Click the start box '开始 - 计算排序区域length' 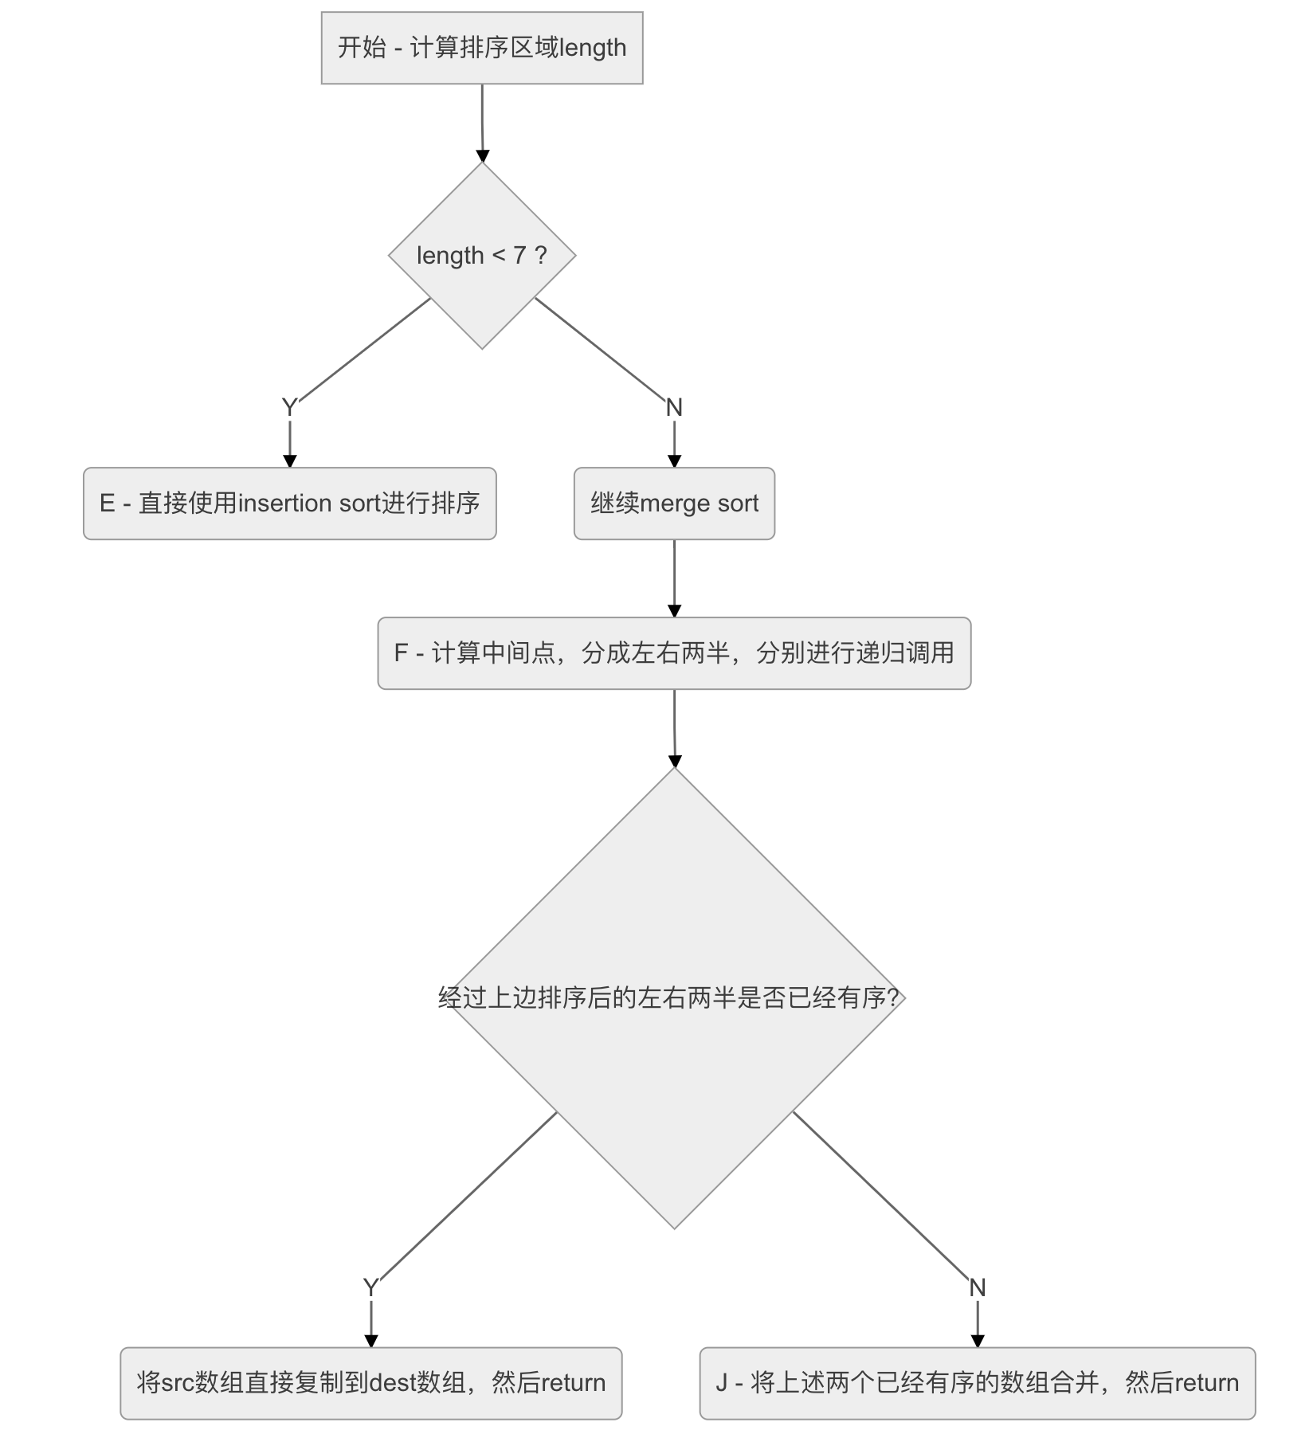pos(482,48)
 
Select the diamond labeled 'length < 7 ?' pos(482,256)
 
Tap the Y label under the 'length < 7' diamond pos(289,407)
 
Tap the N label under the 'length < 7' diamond pos(674,407)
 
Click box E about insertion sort pos(289,503)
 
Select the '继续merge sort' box pos(674,503)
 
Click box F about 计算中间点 pos(674,653)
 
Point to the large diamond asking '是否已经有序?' pos(674,997)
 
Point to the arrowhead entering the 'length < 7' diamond pos(482,155)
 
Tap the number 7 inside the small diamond pos(519,256)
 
